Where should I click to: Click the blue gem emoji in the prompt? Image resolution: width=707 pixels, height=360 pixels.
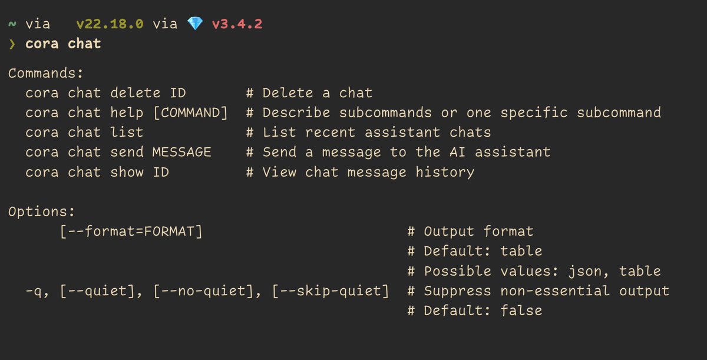click(x=195, y=24)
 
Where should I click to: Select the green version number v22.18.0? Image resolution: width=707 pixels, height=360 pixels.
click(x=110, y=24)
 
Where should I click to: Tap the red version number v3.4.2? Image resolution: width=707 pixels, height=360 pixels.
click(x=237, y=24)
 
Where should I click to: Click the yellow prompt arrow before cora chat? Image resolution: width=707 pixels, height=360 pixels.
click(x=12, y=44)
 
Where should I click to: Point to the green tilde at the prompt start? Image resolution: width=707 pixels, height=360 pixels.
click(x=12, y=24)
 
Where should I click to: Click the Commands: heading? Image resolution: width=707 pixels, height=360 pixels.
click(x=46, y=73)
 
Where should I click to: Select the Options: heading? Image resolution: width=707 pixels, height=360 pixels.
click(x=42, y=212)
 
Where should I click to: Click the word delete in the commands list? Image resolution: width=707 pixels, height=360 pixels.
click(x=136, y=93)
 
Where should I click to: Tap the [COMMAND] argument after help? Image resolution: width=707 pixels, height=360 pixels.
click(x=190, y=113)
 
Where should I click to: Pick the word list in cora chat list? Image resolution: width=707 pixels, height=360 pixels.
click(x=127, y=133)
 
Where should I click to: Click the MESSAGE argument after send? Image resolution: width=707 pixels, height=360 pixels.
click(x=182, y=153)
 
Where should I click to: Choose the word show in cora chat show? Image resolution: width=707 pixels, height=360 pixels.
click(x=127, y=172)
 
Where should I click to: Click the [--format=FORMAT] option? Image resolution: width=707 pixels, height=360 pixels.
click(x=131, y=232)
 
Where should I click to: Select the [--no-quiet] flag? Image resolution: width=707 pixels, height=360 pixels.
click(x=207, y=291)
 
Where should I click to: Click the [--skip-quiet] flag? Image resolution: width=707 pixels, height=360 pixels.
click(x=331, y=291)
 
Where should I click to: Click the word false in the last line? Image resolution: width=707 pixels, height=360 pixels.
click(x=521, y=311)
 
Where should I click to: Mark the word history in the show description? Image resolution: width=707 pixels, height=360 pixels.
click(x=445, y=173)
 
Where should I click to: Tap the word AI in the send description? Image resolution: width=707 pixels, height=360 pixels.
click(x=457, y=153)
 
